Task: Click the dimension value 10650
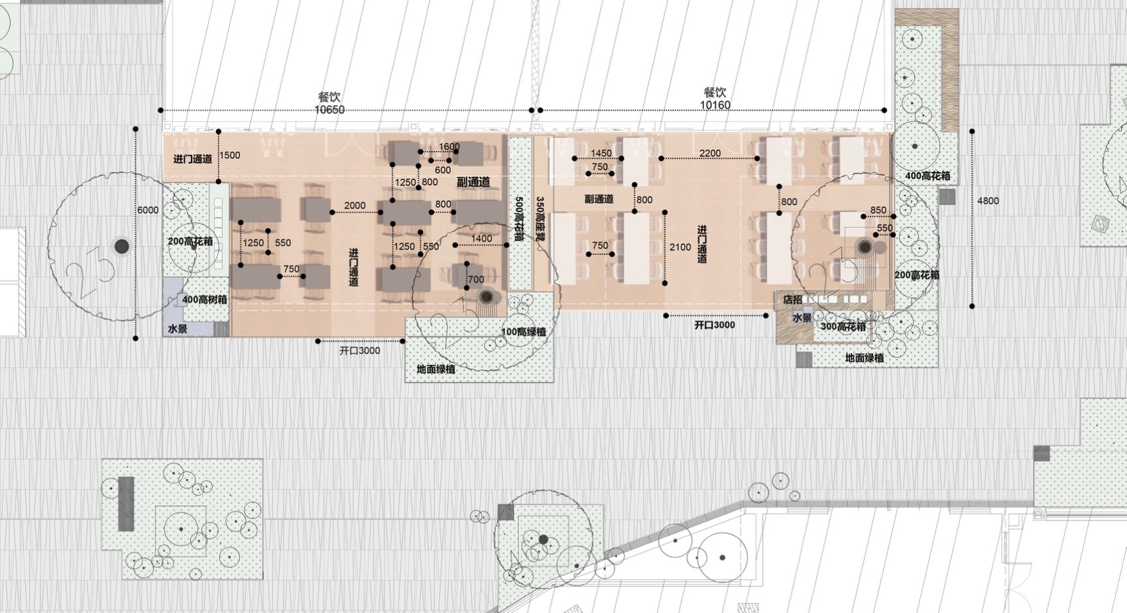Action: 329,109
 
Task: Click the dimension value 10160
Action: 715,105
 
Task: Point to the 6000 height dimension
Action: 148,210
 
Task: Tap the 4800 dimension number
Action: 988,201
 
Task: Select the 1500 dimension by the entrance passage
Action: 229,155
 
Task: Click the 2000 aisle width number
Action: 355,205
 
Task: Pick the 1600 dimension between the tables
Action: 449,147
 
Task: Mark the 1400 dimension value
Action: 481,239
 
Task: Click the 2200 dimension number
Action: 710,153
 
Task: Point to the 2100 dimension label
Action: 680,247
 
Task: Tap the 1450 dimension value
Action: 601,153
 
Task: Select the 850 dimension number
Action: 878,210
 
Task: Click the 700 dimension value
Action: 476,280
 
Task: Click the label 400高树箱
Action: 204,300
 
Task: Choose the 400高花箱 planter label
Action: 927,176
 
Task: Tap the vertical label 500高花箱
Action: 520,219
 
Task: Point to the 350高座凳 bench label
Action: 540,219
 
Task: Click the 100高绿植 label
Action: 524,332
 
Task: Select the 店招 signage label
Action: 792,300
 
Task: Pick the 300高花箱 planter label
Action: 843,326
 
